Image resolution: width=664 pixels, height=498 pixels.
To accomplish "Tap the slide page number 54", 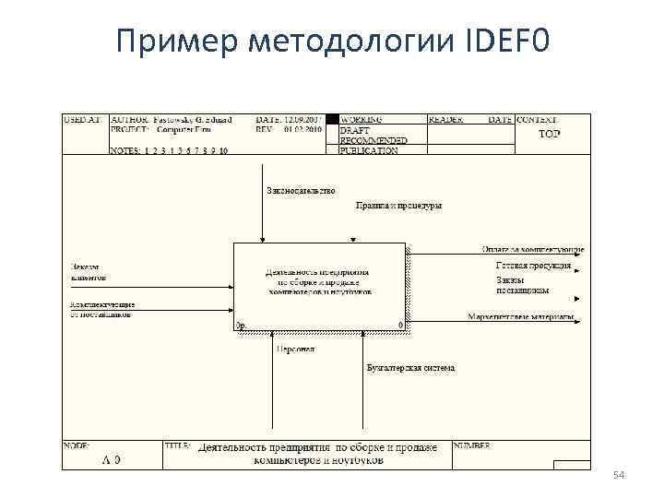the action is pos(619,475).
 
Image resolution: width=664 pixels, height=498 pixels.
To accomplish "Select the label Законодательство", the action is pos(301,191).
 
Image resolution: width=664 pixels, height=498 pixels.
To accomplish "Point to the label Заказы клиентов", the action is pos(89,271).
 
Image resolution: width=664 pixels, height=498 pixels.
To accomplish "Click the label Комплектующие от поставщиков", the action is pos(101,309).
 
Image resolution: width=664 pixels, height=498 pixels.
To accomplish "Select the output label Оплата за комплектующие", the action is pos(532,249).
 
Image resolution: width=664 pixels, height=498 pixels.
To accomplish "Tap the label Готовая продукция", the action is pos(533,266).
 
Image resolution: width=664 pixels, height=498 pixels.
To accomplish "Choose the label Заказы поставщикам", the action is pos(522,284).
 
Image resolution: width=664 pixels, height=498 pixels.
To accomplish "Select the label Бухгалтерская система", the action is pos(410,368).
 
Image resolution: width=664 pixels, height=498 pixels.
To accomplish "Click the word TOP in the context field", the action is pos(549,134).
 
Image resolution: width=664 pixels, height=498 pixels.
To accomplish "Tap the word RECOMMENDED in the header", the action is pos(373,141).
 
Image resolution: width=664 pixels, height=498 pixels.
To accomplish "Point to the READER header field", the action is pos(445,120).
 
